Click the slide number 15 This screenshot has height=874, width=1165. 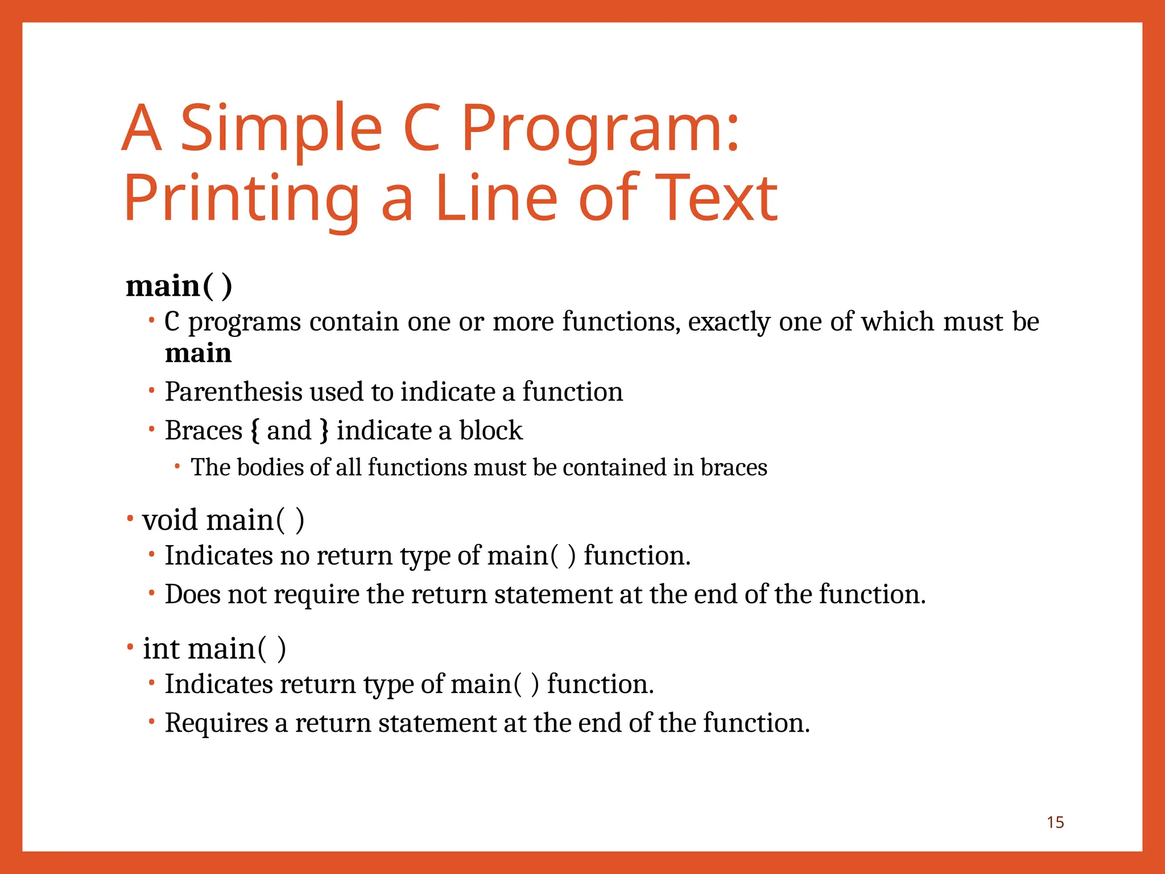click(x=1055, y=822)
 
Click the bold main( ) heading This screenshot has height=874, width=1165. click(x=179, y=286)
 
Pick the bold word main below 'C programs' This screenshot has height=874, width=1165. click(x=198, y=353)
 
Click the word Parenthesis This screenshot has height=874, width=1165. click(x=233, y=392)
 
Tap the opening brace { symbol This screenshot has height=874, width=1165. click(x=255, y=431)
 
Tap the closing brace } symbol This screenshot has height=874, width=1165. click(x=324, y=431)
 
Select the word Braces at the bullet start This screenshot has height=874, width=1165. click(x=204, y=431)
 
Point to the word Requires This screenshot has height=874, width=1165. click(x=216, y=723)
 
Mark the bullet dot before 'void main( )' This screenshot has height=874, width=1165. click(x=130, y=518)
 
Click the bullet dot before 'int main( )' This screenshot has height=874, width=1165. click(x=130, y=647)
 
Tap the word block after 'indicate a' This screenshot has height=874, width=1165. click(x=490, y=431)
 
